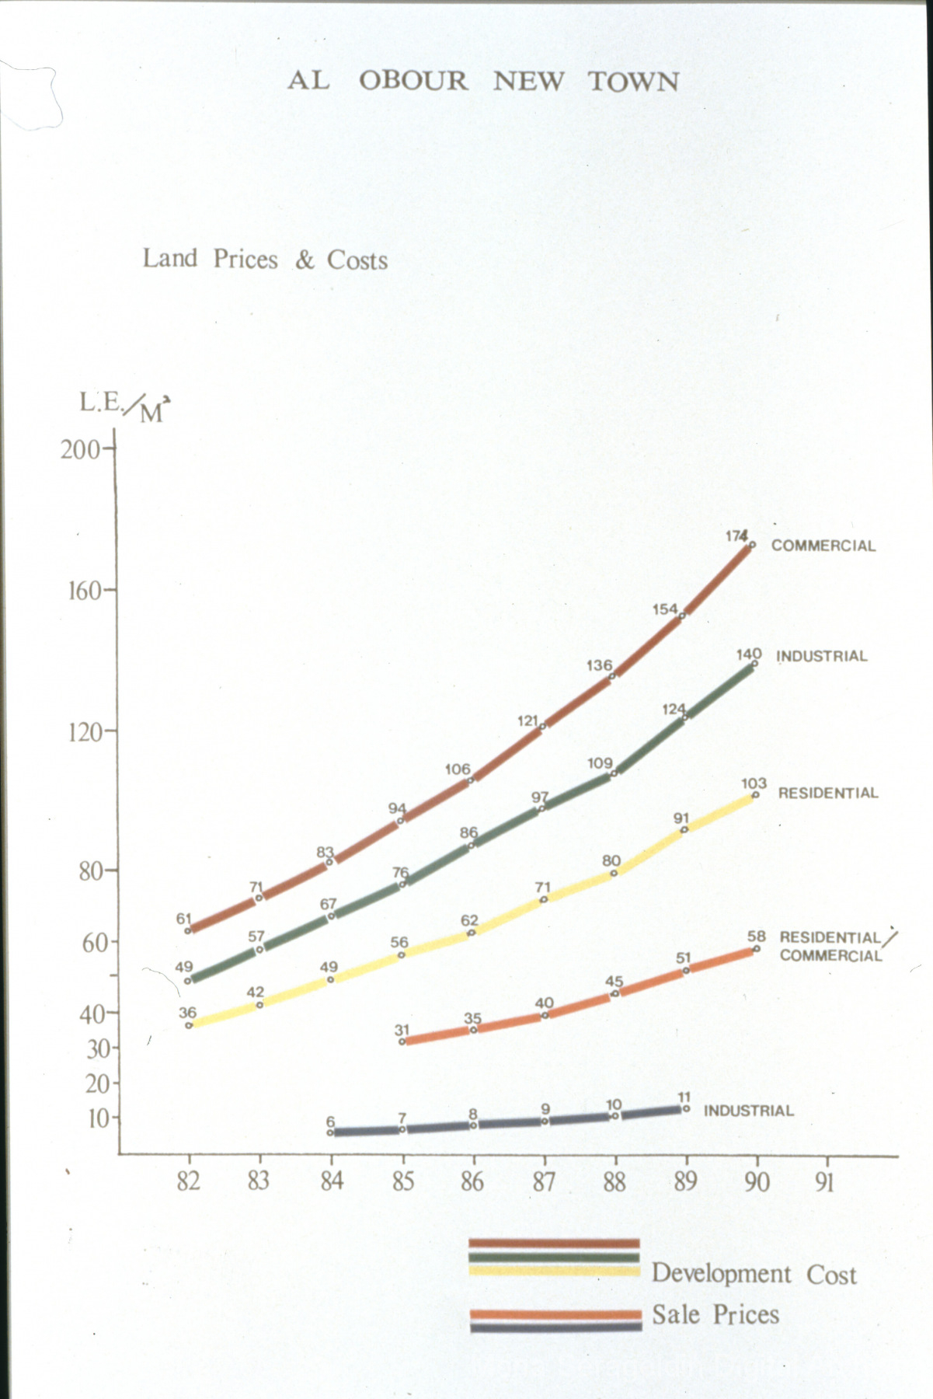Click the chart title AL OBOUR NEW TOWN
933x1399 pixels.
point(482,81)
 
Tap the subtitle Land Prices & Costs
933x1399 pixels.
point(265,259)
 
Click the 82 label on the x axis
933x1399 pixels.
point(188,1181)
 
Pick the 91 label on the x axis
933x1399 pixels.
point(825,1181)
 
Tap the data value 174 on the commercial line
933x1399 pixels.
point(736,536)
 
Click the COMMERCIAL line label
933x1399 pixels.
point(823,546)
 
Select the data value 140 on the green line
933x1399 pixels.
point(748,654)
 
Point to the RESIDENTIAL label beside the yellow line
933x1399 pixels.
point(827,794)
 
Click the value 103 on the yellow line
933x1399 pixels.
point(754,783)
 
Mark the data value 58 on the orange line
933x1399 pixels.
point(756,937)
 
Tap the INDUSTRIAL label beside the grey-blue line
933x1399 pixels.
point(748,1111)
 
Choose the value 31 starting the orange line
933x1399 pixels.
point(401,1031)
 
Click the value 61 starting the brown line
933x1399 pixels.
point(183,919)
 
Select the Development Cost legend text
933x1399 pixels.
point(754,1273)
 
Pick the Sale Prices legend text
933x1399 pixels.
point(715,1314)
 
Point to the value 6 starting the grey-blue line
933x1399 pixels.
point(330,1122)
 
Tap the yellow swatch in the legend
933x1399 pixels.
point(553,1271)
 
